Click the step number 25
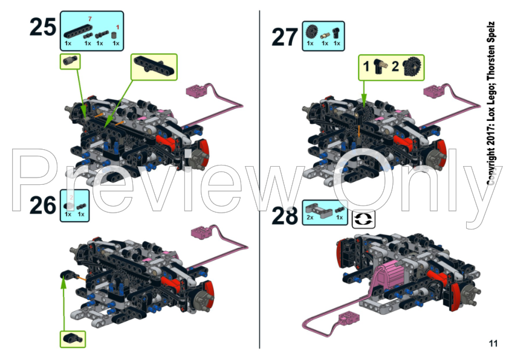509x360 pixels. pyautogui.click(x=42, y=27)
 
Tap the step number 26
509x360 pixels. pyautogui.click(x=42, y=205)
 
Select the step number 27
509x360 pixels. pyautogui.click(x=284, y=37)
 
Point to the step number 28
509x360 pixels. pyautogui.click(x=284, y=216)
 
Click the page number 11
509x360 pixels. pyautogui.click(x=493, y=344)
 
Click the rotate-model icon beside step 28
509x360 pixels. pyautogui.click(x=363, y=219)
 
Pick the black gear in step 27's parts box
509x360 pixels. pyautogui.click(x=312, y=32)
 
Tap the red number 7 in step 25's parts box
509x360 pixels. pyautogui.click(x=90, y=19)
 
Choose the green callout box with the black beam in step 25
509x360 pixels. pyautogui.click(x=154, y=67)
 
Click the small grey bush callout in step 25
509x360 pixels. pyautogui.click(x=70, y=62)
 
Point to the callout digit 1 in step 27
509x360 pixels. pyautogui.click(x=366, y=66)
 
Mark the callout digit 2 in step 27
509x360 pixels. pyautogui.click(x=395, y=66)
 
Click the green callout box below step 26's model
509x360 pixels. pyautogui.click(x=73, y=339)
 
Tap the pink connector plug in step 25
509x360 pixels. pyautogui.click(x=196, y=91)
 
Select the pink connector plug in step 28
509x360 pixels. pyautogui.click(x=349, y=319)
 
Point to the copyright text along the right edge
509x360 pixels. pyautogui.click(x=491, y=104)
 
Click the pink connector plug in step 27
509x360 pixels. pyautogui.click(x=433, y=91)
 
